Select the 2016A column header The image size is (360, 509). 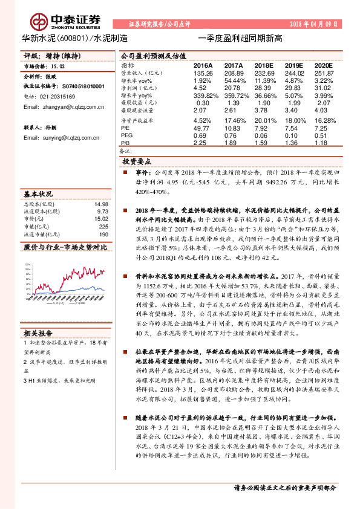point(203,65)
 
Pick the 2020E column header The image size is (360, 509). point(324,65)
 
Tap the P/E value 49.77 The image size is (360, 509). point(201,129)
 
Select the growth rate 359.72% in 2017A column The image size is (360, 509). point(234,96)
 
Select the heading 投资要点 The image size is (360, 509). point(138,163)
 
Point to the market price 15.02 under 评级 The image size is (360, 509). point(57,68)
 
